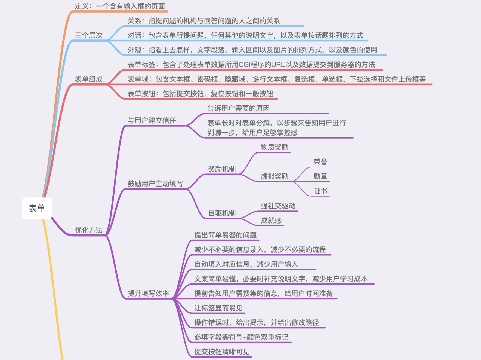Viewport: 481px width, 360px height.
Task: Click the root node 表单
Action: (37, 208)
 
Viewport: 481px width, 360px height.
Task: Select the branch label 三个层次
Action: (89, 35)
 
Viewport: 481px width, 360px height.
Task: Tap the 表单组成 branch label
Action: (89, 79)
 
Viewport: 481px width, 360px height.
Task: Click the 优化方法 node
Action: (89, 230)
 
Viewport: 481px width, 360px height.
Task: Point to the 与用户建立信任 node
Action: (152, 120)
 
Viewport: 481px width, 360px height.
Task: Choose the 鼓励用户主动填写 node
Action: (155, 184)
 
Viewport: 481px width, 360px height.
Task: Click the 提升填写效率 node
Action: (148, 293)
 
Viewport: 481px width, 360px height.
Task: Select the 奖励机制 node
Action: (222, 169)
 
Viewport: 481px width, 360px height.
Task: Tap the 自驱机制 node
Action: (222, 213)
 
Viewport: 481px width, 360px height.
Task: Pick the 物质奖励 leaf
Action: (275, 147)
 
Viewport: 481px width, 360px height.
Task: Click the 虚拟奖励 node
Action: (275, 176)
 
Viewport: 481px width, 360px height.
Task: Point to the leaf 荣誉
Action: (320, 162)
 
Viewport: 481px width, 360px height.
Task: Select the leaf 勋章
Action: (320, 176)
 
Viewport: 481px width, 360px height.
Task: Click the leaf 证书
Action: (320, 191)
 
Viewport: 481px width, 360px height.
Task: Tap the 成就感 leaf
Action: (271, 221)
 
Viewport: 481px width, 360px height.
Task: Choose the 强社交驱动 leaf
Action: (278, 206)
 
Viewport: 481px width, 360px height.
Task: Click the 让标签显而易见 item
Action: (218, 308)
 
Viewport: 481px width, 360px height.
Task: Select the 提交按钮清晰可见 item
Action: (222, 352)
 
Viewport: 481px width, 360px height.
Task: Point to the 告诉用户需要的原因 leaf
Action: (238, 108)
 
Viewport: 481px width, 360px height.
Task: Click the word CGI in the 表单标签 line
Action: (245, 65)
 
